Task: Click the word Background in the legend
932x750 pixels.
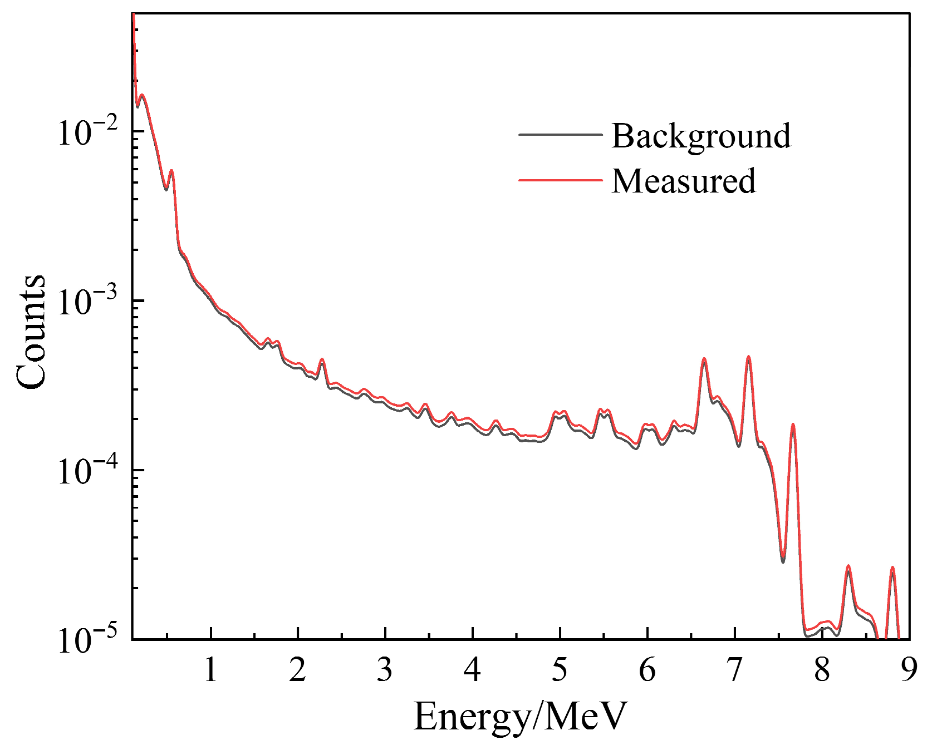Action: tap(700, 136)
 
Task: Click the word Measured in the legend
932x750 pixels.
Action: tap(684, 181)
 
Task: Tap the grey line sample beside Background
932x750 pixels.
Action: tap(560, 135)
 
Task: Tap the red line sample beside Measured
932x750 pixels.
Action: tap(560, 180)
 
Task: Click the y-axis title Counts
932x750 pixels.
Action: tap(31, 332)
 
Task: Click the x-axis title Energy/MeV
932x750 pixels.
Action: tap(520, 717)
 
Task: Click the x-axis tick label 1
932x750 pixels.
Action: tap(210, 670)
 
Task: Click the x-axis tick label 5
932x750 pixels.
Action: tap(560, 670)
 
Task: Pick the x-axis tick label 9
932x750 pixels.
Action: tap(909, 670)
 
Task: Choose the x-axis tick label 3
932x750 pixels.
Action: tap(385, 670)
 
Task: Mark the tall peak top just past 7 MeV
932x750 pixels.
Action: tap(748, 357)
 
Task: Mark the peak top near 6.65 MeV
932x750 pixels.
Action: tap(704, 359)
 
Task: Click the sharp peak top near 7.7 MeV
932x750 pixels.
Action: tap(793, 425)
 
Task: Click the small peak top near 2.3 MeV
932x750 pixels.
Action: tap(322, 359)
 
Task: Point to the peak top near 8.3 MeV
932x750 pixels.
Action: tap(848, 566)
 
